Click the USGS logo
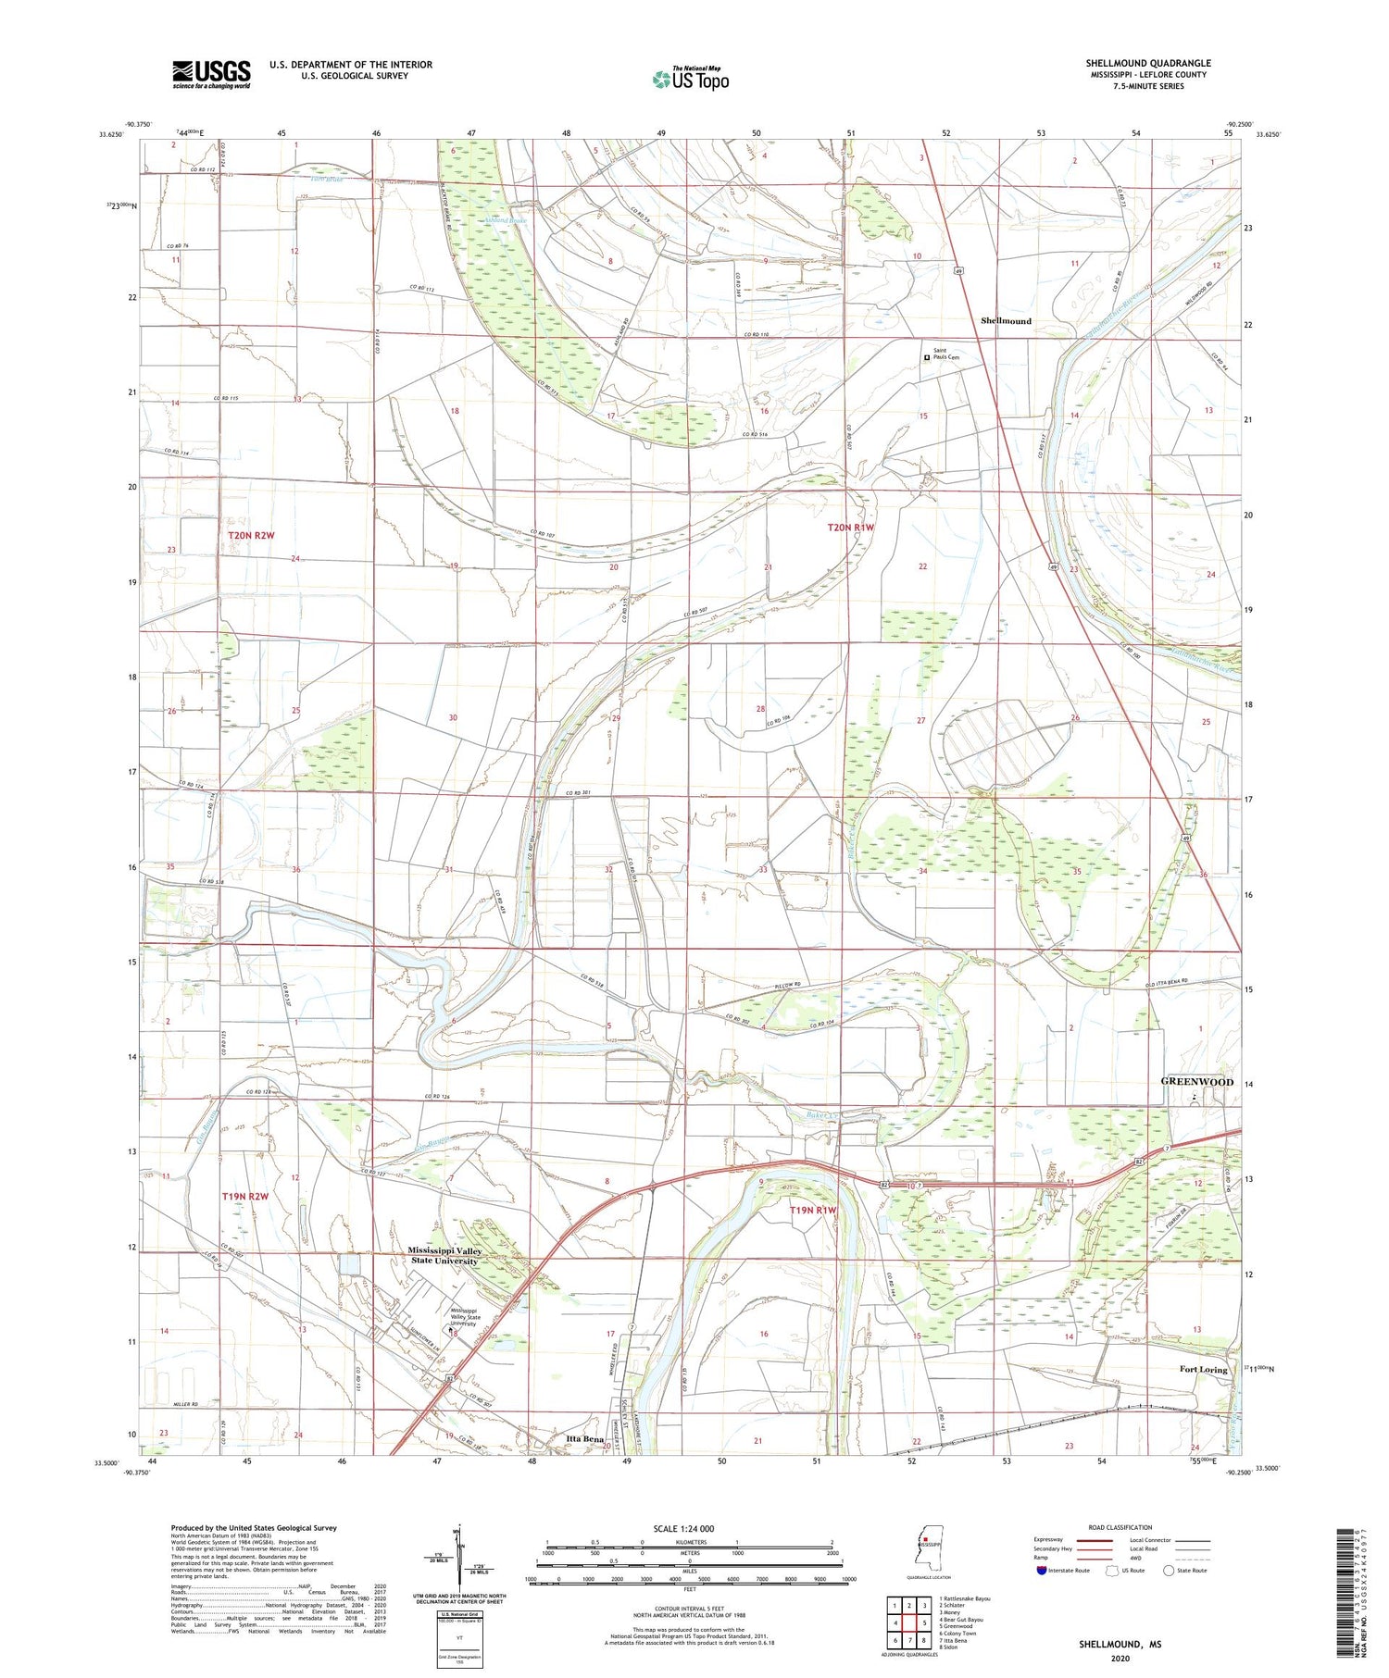coord(210,74)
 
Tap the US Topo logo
coord(691,79)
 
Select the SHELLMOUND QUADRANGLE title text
coord(1147,63)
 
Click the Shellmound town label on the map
coord(1006,320)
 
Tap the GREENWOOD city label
coord(1197,1081)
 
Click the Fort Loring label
coord(1203,1369)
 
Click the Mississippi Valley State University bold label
coord(444,1255)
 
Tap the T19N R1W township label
coord(813,1210)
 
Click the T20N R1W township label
coord(850,527)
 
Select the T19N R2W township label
coord(244,1196)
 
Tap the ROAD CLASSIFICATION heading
coord(1120,1527)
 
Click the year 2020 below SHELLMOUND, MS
coord(1120,1646)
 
